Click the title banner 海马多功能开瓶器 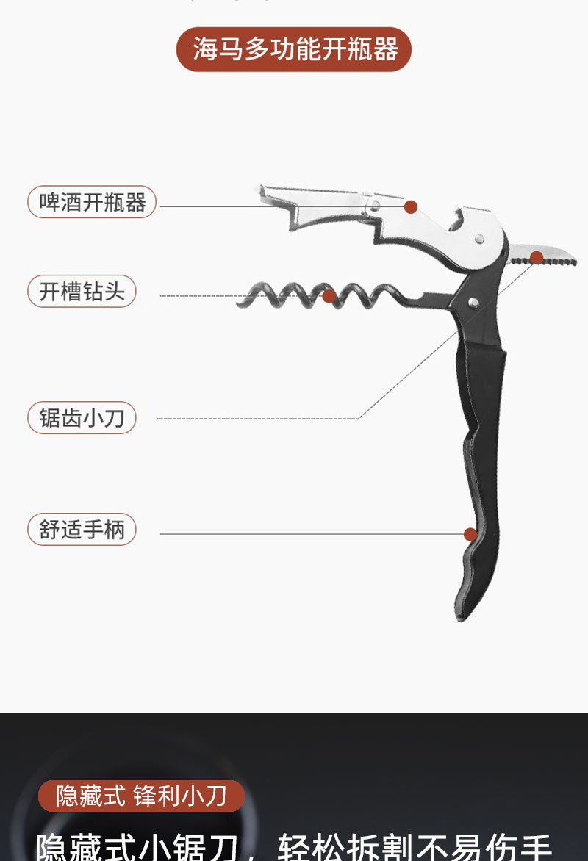pyautogui.click(x=294, y=49)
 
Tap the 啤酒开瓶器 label pyautogui.click(x=93, y=202)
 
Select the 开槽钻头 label pyautogui.click(x=82, y=292)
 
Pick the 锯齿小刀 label pyautogui.click(x=82, y=418)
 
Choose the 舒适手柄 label pyautogui.click(x=82, y=529)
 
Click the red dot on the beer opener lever pyautogui.click(x=411, y=207)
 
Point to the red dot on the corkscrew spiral pyautogui.click(x=329, y=296)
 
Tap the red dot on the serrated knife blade pyautogui.click(x=537, y=257)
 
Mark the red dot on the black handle pyautogui.click(x=470, y=534)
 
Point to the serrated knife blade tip pyautogui.click(x=574, y=261)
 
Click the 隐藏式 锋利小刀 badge pyautogui.click(x=141, y=796)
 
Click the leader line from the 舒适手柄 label pyautogui.click(x=309, y=534)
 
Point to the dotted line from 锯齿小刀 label pyautogui.click(x=257, y=419)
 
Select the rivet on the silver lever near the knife pyautogui.click(x=479, y=239)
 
